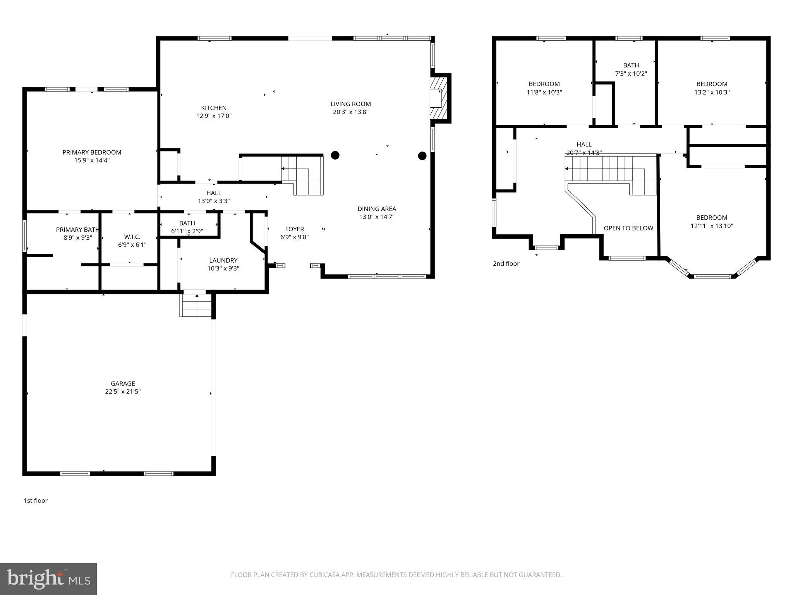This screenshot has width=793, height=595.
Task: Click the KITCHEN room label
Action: tap(214, 108)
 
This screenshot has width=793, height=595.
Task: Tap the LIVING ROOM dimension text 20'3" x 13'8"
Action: tap(350, 112)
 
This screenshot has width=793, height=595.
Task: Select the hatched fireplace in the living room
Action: tap(438, 98)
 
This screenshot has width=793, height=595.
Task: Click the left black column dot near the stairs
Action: tap(335, 155)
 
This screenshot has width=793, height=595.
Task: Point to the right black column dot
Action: tap(422, 156)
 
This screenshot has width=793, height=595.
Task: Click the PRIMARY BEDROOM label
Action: tap(92, 152)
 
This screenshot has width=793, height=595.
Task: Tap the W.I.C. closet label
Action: tap(132, 237)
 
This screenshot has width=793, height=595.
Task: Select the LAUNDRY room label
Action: tap(223, 260)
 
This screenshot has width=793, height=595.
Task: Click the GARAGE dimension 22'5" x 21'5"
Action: tap(123, 392)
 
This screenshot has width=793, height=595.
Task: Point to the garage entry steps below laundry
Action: tap(197, 306)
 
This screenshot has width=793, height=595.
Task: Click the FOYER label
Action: tap(294, 229)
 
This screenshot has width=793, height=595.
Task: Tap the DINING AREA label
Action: tap(376, 209)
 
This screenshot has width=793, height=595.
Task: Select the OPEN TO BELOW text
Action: tap(628, 228)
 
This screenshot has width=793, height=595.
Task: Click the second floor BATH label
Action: tap(631, 65)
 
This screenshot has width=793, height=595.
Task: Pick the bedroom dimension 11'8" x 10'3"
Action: tap(544, 92)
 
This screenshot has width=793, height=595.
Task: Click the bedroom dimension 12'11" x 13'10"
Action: tap(712, 226)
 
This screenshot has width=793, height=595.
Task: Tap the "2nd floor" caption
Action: tap(506, 264)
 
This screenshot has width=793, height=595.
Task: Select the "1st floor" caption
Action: tap(36, 500)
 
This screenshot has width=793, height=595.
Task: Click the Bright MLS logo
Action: tap(48, 579)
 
